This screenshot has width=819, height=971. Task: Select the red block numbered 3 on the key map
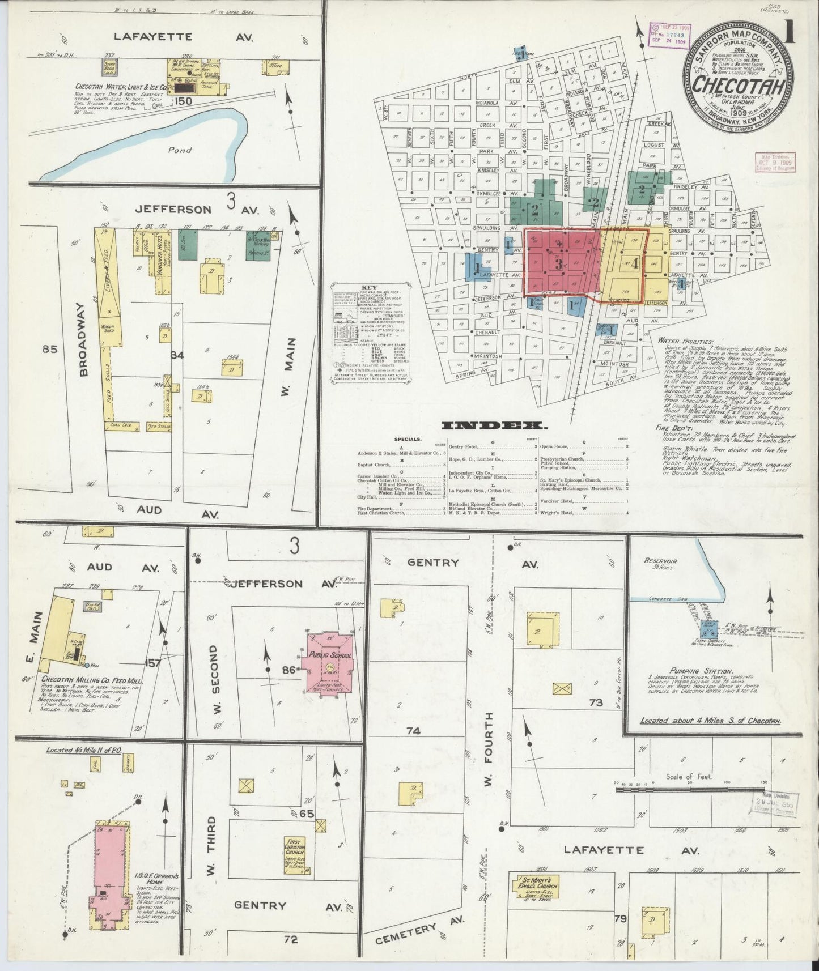click(x=558, y=263)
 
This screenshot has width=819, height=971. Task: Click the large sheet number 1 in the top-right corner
click(x=790, y=34)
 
